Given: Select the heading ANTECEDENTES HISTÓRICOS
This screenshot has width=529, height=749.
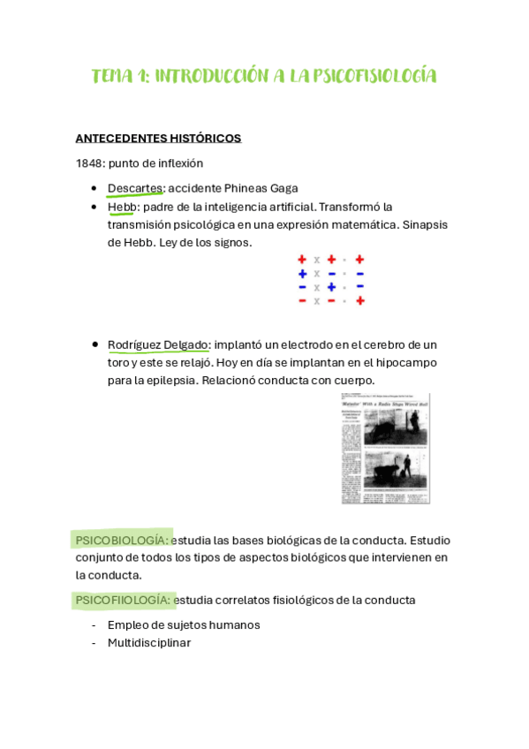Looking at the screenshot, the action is point(158,139).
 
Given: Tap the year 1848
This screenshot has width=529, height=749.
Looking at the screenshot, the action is point(90,163).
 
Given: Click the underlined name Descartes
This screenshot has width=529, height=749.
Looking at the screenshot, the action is point(135,188).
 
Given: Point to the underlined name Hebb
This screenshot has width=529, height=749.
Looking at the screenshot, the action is point(122,207).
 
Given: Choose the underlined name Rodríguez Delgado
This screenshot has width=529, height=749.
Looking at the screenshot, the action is point(158,344).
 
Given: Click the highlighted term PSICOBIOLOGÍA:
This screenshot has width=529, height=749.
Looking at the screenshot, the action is point(122,541).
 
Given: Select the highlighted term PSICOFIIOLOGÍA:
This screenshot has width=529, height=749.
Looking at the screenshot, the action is point(123,601).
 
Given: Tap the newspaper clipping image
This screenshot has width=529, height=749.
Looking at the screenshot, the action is point(385,449).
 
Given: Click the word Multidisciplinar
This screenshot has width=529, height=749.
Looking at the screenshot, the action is point(148,643).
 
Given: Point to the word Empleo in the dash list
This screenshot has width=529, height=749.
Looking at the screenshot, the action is point(127,625).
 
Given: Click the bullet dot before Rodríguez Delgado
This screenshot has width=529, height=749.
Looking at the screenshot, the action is point(94,344).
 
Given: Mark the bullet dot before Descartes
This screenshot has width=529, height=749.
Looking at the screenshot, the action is point(94,188).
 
